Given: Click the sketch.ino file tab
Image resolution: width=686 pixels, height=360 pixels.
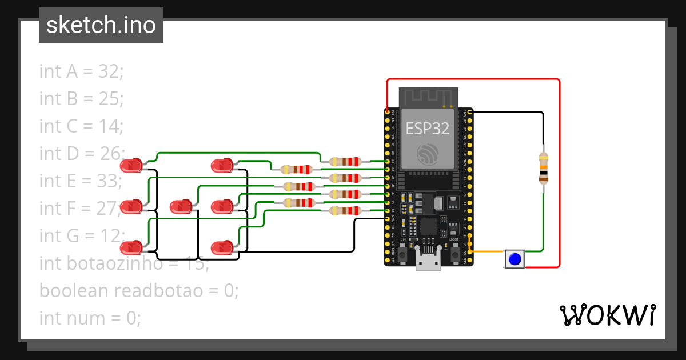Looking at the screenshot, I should pyautogui.click(x=101, y=25).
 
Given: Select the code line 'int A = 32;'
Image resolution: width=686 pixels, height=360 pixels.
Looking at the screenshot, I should pyautogui.click(x=81, y=71).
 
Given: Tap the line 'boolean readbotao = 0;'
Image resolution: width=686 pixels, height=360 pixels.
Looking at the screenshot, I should pyautogui.click(x=138, y=290).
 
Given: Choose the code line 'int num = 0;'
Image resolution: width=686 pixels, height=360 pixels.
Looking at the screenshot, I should pyautogui.click(x=90, y=318).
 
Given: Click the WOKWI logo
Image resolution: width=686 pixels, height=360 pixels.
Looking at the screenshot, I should pyautogui.click(x=607, y=315).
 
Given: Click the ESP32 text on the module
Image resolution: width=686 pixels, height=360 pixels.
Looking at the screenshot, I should pyautogui.click(x=428, y=128).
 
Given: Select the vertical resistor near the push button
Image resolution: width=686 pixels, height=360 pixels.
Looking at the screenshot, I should pyautogui.click(x=543, y=168).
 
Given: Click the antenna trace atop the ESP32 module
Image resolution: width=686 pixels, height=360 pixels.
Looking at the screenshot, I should pyautogui.click(x=428, y=97).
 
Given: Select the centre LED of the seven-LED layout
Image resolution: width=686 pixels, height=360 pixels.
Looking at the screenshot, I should pyautogui.click(x=181, y=206).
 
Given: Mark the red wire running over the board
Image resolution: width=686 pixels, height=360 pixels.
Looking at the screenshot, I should pyautogui.click(x=474, y=79).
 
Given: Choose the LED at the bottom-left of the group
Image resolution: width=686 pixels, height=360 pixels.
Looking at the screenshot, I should pyautogui.click(x=131, y=248).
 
